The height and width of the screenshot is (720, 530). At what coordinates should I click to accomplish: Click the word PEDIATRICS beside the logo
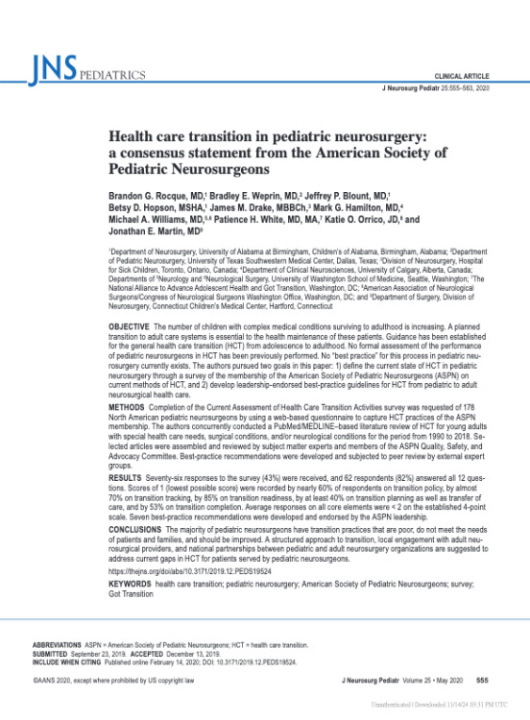[109, 73]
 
